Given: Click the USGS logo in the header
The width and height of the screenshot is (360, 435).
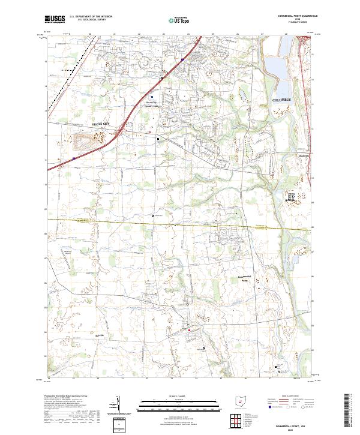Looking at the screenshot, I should (x=55, y=19).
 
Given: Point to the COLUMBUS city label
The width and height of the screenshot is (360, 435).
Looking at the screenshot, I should (x=281, y=99).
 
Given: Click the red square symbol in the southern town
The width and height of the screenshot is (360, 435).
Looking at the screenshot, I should (x=190, y=330).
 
